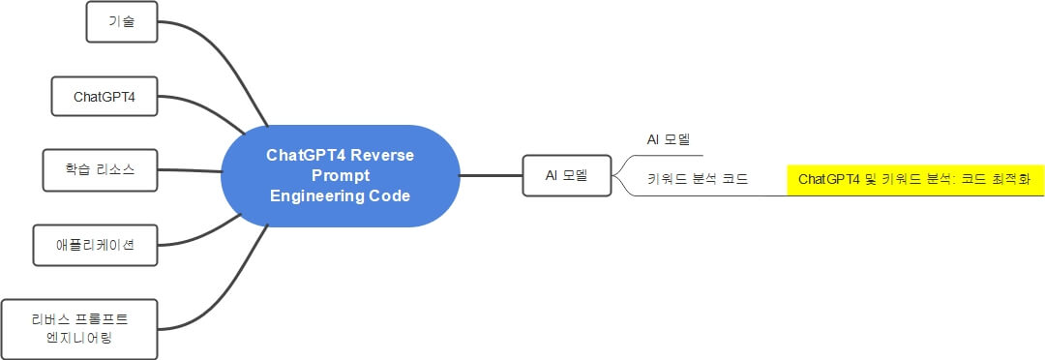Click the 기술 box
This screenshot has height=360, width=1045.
pos(122,21)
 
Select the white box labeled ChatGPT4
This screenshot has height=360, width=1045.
pos(104,97)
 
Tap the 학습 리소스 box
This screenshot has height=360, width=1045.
pos(101,169)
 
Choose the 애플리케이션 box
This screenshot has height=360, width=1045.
pos(94,245)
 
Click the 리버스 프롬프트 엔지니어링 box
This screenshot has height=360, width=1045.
pos(79,327)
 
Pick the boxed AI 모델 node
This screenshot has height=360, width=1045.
pos(567,175)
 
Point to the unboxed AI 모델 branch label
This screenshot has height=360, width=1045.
pos(669,139)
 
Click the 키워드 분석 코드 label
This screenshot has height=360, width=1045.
pos(697,179)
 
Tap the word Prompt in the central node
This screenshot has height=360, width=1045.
pos(341,176)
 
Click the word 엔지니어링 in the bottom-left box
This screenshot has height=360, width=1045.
pos(79,337)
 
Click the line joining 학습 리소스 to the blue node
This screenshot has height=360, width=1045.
pos(189,170)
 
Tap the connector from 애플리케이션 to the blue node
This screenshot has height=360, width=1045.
pos(198,235)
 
